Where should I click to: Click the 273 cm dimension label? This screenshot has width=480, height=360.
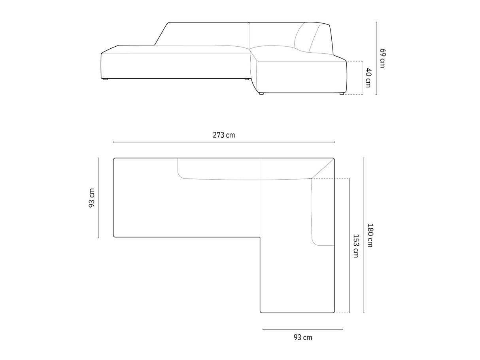click(x=224, y=135)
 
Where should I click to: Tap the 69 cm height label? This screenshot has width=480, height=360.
click(x=382, y=58)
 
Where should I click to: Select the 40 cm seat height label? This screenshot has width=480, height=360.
click(x=368, y=78)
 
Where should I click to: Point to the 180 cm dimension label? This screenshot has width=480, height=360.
click(x=370, y=235)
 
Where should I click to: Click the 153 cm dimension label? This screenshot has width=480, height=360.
click(x=356, y=246)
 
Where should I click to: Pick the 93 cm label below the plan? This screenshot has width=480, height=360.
click(x=302, y=337)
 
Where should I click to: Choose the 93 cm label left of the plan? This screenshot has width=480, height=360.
click(x=92, y=198)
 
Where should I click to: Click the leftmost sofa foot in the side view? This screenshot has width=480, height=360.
click(x=106, y=79)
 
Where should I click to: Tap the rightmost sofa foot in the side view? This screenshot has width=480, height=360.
click(x=341, y=94)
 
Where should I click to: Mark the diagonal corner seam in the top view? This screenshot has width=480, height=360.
click(x=323, y=169)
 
